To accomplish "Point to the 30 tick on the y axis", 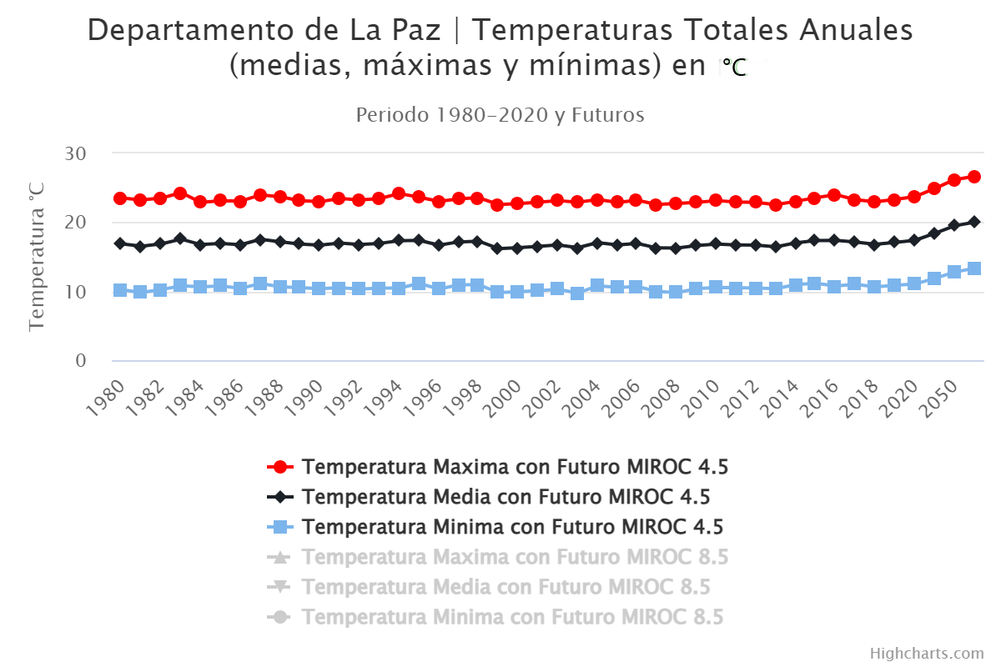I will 74,153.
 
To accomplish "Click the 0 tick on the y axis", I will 80,361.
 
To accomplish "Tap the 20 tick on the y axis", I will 74,223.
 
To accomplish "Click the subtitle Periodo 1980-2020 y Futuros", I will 500,115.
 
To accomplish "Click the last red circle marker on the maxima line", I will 973,177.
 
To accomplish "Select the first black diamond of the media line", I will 120,243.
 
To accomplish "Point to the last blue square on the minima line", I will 973,268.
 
